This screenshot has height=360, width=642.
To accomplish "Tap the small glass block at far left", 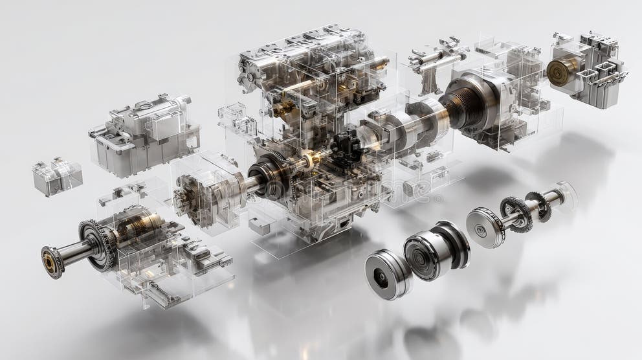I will tap(57, 177).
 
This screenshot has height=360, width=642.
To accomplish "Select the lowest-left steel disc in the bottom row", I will tap(387, 275).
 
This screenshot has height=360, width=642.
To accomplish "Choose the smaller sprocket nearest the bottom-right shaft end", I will tap(537, 205).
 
